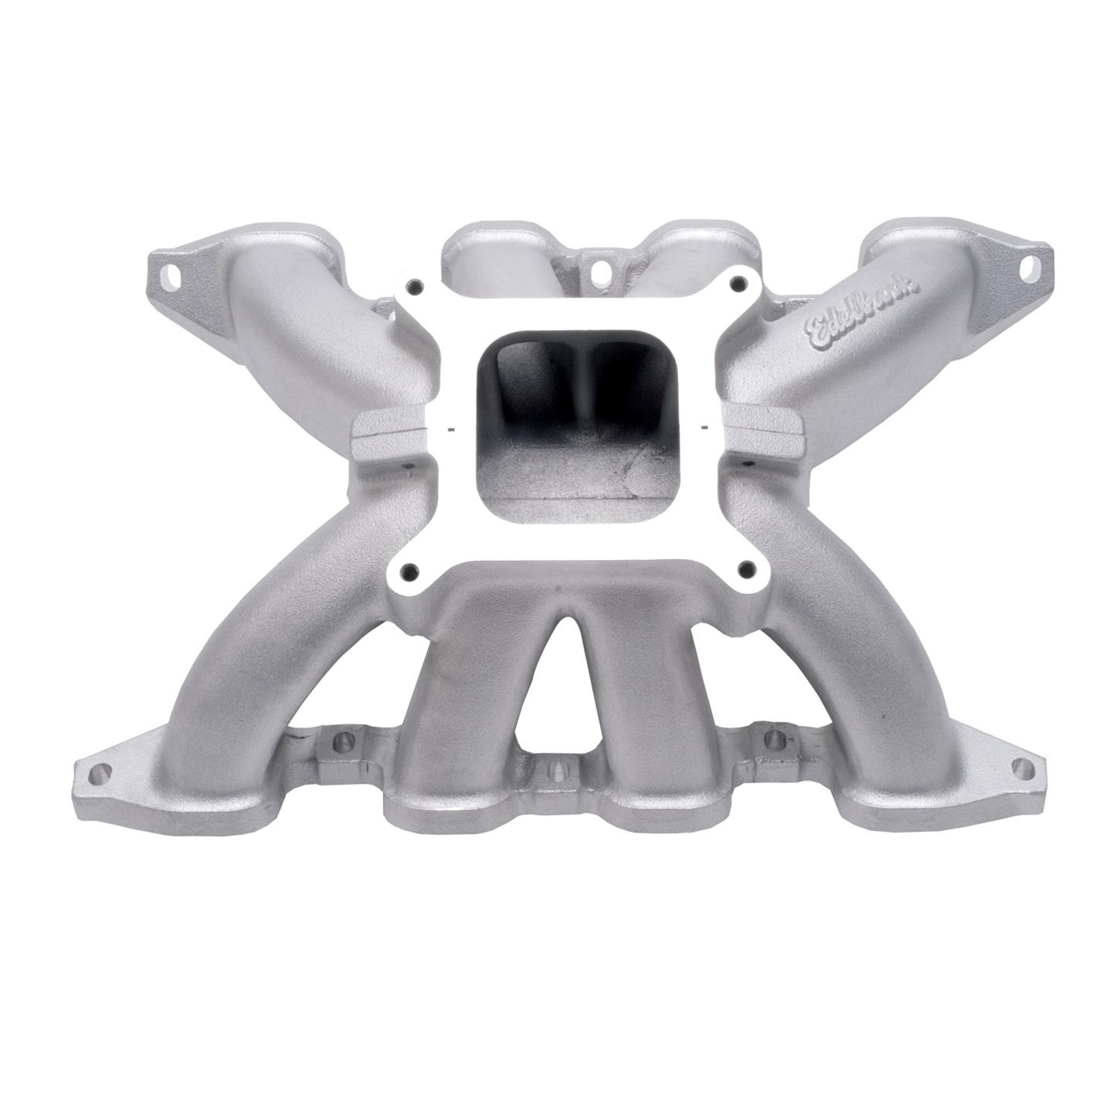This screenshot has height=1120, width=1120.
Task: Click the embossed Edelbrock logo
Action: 862,310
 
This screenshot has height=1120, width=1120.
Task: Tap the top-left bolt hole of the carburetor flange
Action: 417,286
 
